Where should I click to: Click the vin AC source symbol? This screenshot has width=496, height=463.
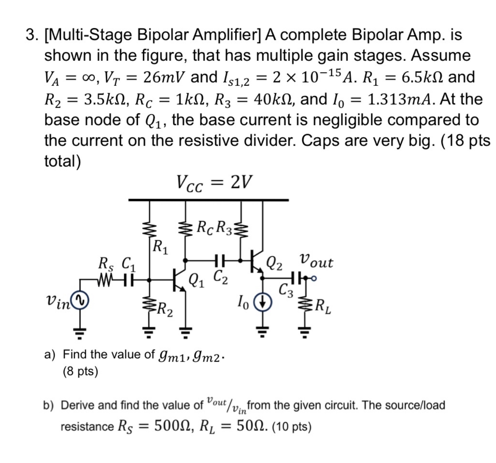(x=80, y=300)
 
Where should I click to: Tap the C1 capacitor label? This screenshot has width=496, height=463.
(x=128, y=264)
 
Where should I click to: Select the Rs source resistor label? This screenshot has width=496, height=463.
(x=106, y=264)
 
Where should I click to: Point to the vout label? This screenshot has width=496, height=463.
(x=316, y=261)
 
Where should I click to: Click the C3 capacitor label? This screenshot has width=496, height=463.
(x=286, y=290)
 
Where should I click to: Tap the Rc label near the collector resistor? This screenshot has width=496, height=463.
(x=206, y=228)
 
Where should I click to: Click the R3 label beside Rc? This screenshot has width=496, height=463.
(x=224, y=228)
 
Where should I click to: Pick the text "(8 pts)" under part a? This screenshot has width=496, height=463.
(x=80, y=371)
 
